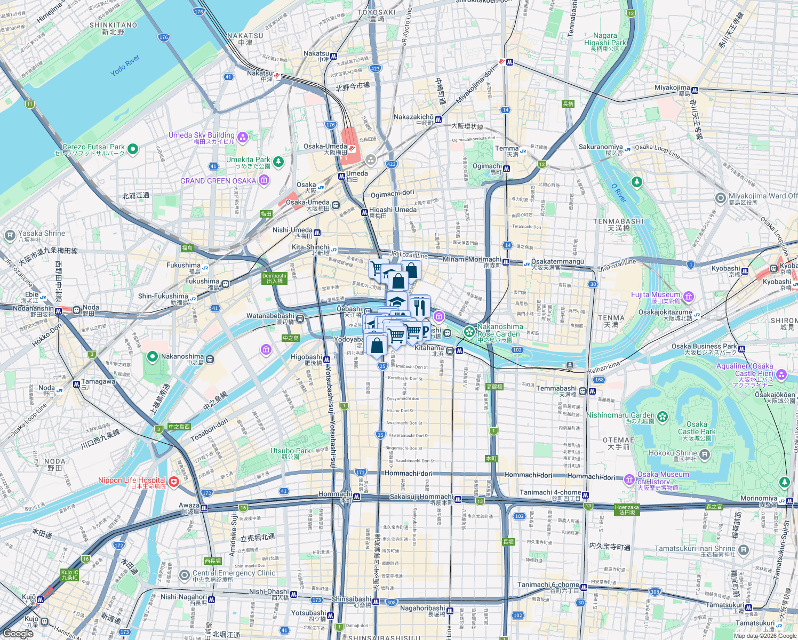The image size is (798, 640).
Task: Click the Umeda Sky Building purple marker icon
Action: coord(243,138)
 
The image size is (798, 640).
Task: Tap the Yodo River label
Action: coord(125,65)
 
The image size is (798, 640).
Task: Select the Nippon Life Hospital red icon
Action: coord(174,481)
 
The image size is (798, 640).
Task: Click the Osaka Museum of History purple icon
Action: coord(629,478)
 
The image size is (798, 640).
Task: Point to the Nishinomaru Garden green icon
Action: coord(663,416)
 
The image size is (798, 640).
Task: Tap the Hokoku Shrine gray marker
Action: coord(705,454)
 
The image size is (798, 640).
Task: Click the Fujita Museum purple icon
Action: coord(689,297)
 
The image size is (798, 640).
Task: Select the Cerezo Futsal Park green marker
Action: coord(133,149)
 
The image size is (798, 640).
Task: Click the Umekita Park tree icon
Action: coord(278,161)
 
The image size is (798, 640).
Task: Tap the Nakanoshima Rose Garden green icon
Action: coord(469,332)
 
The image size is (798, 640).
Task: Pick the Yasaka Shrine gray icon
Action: coord(10,235)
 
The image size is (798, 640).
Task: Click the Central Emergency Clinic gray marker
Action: coord(184,575)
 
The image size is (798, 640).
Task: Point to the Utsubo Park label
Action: coord(290,451)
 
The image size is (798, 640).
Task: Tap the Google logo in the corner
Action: coord(18,634)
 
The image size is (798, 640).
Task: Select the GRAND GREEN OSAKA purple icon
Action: coord(264,181)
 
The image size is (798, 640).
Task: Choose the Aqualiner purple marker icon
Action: coord(781,374)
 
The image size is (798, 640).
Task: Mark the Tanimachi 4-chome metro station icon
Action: coord(586,494)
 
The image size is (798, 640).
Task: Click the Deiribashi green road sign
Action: coord(274,278)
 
